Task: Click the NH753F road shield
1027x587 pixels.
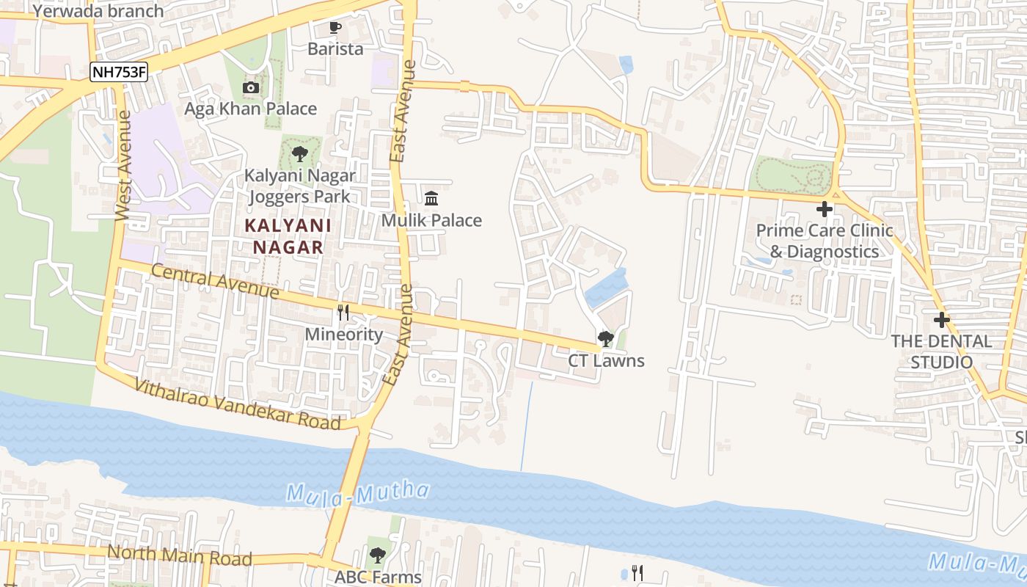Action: click(x=119, y=72)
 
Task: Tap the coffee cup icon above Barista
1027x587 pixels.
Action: click(x=335, y=28)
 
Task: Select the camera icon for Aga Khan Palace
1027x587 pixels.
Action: click(x=251, y=88)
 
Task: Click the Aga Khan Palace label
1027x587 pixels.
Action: click(x=251, y=109)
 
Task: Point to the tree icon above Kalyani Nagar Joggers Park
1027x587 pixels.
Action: click(x=299, y=154)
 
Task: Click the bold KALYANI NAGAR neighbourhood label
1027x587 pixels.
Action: click(x=288, y=236)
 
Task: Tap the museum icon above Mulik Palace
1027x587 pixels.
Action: click(x=431, y=199)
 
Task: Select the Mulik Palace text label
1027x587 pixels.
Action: click(x=431, y=220)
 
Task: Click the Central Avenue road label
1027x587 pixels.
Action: click(x=215, y=282)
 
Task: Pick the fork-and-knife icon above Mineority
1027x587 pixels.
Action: click(x=343, y=313)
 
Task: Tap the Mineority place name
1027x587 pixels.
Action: click(x=344, y=335)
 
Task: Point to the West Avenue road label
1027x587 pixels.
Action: click(x=123, y=165)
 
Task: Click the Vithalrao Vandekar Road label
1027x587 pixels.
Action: click(x=238, y=404)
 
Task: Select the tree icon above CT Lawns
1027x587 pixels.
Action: click(x=606, y=339)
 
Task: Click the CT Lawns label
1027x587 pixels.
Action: click(x=606, y=360)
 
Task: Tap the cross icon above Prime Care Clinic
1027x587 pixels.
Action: click(x=825, y=209)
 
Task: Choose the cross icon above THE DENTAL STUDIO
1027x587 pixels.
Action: click(x=941, y=320)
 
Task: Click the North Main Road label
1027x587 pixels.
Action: click(x=180, y=555)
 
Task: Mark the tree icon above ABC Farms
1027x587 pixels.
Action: click(x=378, y=555)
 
